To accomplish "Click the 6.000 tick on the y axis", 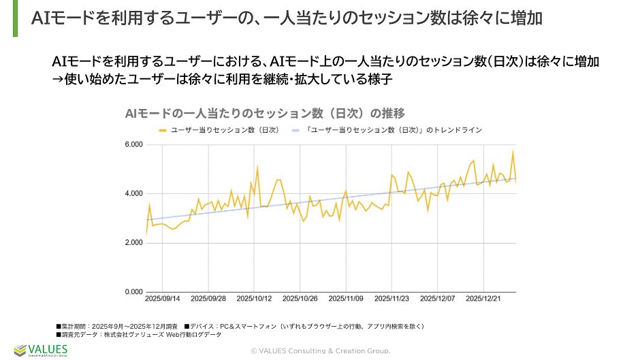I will pyautogui.click(x=134, y=145).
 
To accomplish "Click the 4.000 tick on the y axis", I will pyautogui.click(x=134, y=194).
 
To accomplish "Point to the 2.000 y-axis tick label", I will pyautogui.click(x=134, y=243).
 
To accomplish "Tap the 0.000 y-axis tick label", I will pyautogui.click(x=134, y=292).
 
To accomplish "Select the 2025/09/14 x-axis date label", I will pyautogui.click(x=163, y=299).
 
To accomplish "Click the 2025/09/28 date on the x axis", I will pyautogui.click(x=208, y=299).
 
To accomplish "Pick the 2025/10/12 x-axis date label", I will pyautogui.click(x=254, y=299).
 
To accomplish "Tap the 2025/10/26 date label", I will pyautogui.click(x=300, y=299).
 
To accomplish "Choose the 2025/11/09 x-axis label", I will pyautogui.click(x=346, y=299).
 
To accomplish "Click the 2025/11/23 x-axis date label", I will pyautogui.click(x=392, y=299).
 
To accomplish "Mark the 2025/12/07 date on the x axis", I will pyautogui.click(x=438, y=299).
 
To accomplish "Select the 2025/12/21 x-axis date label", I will pyautogui.click(x=484, y=299).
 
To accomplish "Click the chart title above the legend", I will pyautogui.click(x=266, y=112).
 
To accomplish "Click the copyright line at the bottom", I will pyautogui.click(x=320, y=350).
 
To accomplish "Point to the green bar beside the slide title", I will pyautogui.click(x=16, y=18).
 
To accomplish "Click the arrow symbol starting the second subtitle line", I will pyautogui.click(x=57, y=78).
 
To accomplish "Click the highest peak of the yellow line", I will pyautogui.click(x=513, y=151).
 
